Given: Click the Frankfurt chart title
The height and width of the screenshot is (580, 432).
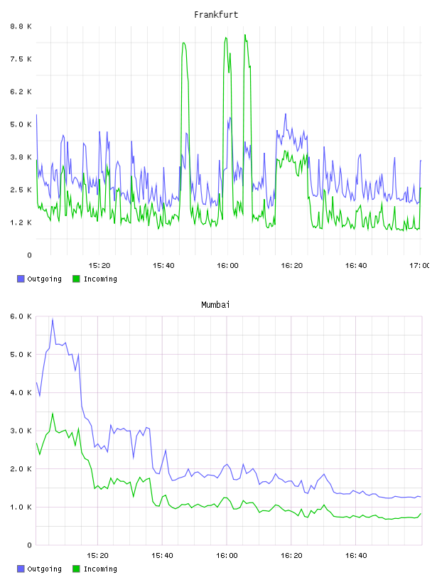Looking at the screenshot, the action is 216,15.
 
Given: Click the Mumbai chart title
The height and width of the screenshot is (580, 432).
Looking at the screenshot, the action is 215,305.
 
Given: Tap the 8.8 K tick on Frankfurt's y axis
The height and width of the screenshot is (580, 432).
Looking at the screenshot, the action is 21,26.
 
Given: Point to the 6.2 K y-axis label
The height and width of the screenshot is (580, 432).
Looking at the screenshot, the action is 21,92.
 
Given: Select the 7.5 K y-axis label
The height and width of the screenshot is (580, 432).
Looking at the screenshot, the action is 21,59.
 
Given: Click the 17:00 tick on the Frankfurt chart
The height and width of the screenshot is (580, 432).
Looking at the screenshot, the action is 420,266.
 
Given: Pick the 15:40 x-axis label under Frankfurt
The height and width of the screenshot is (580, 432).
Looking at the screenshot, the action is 163,266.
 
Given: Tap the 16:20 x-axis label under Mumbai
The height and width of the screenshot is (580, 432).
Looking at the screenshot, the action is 291,556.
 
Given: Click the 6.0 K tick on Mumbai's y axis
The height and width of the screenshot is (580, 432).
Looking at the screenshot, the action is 21,316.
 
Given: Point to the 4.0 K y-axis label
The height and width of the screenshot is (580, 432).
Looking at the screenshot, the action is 21,392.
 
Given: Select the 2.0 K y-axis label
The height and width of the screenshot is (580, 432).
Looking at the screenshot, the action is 21,468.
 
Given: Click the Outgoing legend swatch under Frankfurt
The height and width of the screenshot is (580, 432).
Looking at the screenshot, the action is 21,279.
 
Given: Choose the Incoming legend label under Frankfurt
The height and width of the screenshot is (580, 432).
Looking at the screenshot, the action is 100,279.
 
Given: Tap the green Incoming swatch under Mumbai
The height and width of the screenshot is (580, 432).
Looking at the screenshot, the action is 76,569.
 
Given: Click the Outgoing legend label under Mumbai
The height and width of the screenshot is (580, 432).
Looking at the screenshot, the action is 44,569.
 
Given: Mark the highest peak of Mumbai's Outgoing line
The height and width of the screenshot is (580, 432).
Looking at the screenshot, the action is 53,319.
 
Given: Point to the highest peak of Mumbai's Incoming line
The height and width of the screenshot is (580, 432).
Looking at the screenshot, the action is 53,414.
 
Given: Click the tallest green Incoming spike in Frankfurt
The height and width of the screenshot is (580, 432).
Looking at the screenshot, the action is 245,35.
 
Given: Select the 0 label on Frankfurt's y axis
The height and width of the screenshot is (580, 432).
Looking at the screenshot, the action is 29,255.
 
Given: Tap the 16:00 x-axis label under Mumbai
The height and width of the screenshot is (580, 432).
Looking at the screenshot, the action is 227,556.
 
